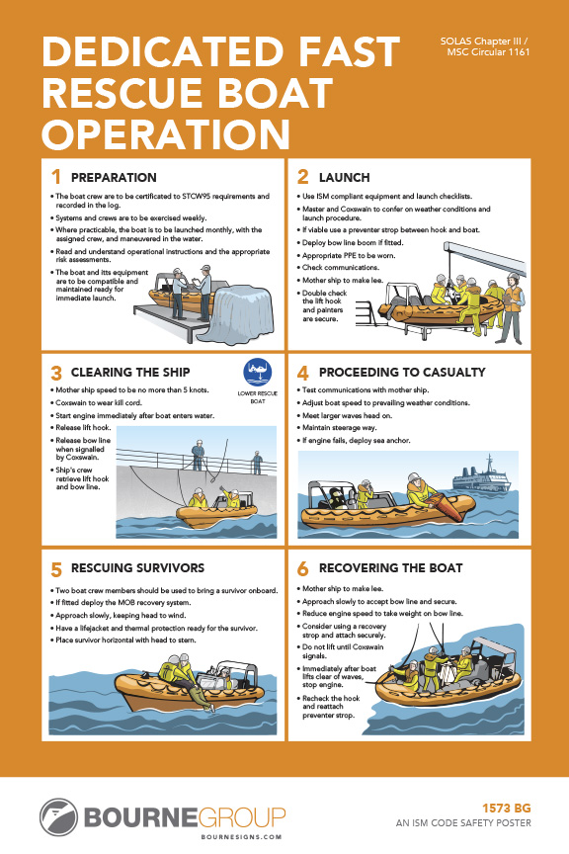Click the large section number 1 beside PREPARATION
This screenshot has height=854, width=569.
(56, 177)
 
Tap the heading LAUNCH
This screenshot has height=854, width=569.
(344, 177)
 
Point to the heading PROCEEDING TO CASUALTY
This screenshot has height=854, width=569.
(401, 373)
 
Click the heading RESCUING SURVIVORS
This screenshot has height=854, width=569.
(138, 568)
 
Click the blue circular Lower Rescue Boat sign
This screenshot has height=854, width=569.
(257, 373)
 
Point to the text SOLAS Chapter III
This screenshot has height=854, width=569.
(481, 41)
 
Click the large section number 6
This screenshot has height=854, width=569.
(302, 568)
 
